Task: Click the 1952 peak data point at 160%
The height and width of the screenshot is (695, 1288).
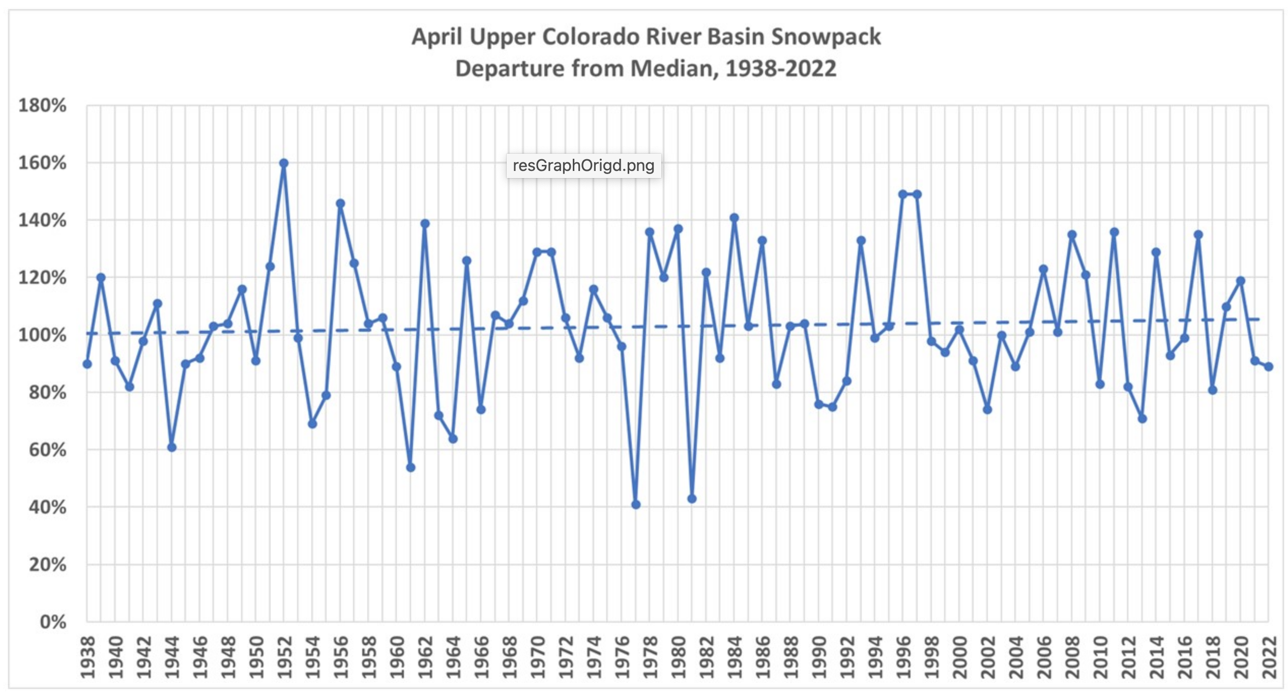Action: pos(284,163)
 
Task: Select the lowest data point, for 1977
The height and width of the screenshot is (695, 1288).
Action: pos(636,505)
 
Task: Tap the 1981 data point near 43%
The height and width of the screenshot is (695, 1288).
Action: pos(692,499)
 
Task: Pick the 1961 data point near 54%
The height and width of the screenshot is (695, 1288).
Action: pos(411,468)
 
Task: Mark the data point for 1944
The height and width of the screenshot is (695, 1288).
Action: pos(171,448)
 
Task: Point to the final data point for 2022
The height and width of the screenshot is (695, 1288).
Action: pos(1268,367)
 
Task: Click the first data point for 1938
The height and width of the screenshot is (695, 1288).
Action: pos(87,364)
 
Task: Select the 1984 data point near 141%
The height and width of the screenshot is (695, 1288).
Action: pos(734,218)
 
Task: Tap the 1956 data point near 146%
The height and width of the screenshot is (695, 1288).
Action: pos(340,204)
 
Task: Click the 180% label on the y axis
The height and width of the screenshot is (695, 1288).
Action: pos(43,106)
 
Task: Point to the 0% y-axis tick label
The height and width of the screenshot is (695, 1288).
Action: pos(53,622)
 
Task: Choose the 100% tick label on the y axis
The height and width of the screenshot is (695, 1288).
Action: pos(43,335)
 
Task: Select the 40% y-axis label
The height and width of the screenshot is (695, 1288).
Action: pos(47,507)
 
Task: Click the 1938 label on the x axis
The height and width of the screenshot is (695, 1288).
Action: pos(88,657)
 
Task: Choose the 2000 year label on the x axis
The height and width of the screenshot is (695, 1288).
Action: pos(960,657)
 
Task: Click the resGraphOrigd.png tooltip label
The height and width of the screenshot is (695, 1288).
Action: pos(583,166)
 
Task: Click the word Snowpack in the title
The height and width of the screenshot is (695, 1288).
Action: pos(826,37)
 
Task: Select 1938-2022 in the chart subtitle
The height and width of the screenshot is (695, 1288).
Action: pos(781,69)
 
